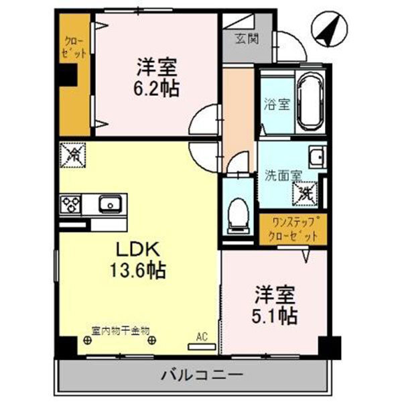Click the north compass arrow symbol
point(327,31)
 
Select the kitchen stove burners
point(70,202)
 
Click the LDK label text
point(138,250)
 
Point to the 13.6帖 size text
point(138,271)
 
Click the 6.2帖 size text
point(158,88)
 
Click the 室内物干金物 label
point(121,329)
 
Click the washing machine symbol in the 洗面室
point(305,194)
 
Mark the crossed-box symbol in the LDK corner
point(73,156)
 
